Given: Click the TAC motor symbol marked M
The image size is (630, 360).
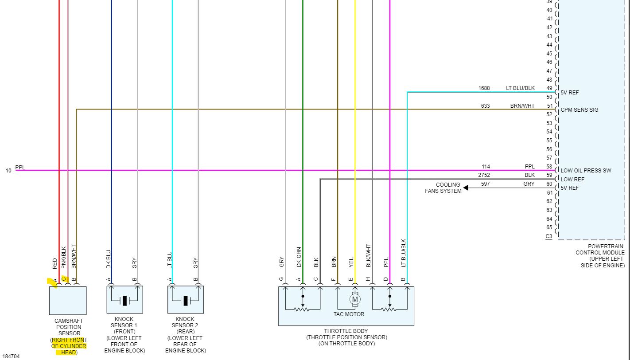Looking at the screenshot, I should point(355,300).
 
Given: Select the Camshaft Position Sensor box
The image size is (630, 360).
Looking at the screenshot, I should point(67,301).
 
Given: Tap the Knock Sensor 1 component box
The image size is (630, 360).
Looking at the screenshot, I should point(124,300).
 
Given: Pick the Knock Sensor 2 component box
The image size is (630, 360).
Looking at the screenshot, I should point(186,300).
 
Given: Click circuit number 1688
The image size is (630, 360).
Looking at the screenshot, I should point(484,88).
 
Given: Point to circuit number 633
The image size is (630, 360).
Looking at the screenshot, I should point(485,106).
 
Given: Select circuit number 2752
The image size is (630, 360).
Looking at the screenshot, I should point(484,175).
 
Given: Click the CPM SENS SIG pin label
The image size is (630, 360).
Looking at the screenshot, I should point(579,110).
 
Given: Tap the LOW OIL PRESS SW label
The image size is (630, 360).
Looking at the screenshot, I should point(586,171).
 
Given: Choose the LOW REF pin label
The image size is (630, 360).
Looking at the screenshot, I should point(572,180).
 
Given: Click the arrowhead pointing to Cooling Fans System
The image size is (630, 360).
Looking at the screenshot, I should point(467,188).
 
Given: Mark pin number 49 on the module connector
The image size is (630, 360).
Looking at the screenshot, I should point(549,88).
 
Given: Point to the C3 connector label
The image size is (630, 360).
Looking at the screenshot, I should point(549,236).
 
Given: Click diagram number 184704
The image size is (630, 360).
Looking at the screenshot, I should point(11,356).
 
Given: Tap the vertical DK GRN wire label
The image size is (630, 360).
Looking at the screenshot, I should point(299,257).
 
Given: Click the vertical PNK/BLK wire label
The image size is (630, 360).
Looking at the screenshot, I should point(63,257).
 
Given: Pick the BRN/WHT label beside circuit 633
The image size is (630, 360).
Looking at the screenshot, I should point(522,106).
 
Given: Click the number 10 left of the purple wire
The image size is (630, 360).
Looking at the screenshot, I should point(8,171).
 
